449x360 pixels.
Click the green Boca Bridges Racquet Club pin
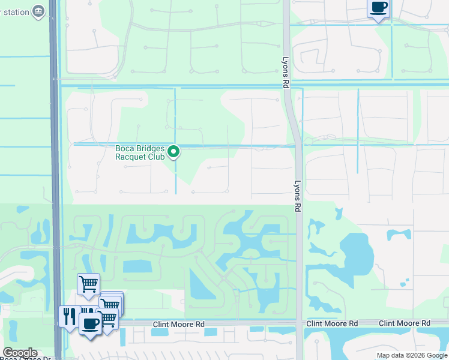coord(173,152)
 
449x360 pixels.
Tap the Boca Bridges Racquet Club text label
coord(140,152)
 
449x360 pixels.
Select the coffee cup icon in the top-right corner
coord(378,8)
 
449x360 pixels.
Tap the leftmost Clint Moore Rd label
coord(178,323)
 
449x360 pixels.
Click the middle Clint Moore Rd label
coord(332,323)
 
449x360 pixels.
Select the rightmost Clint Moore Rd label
coord(405,323)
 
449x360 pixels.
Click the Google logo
coord(20,353)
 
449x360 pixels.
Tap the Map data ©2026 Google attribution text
coord(411,355)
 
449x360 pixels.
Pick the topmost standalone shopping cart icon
coord(88,283)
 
